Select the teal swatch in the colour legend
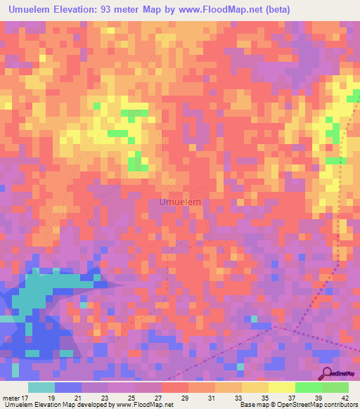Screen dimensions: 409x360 point(41,387)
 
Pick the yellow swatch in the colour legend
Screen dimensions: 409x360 point(281,387)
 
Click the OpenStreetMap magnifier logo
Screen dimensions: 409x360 point(327,374)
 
